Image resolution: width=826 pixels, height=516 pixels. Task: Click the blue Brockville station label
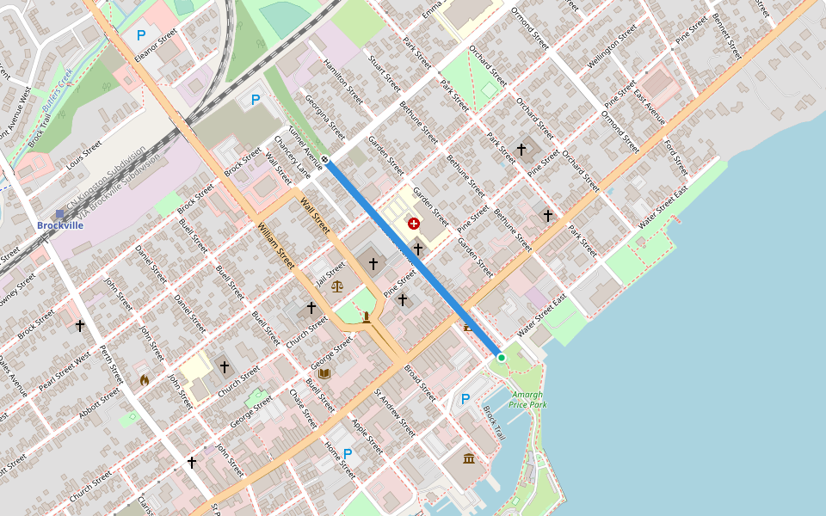tap(60, 224)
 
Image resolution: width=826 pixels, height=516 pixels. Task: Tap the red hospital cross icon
tap(414, 224)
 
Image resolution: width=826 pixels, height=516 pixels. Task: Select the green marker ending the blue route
tap(502, 357)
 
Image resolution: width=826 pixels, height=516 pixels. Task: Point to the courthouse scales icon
tap(336, 286)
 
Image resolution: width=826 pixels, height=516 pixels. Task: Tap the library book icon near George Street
tap(324, 373)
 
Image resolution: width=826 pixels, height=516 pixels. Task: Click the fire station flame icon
tap(145, 379)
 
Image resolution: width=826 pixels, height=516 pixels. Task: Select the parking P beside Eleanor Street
tap(141, 35)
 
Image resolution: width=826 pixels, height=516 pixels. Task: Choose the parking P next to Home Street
tap(348, 453)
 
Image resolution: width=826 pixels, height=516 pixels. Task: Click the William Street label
tap(276, 245)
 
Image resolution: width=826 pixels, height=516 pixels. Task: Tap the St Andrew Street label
tap(398, 412)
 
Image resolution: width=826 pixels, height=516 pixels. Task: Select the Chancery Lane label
tap(291, 156)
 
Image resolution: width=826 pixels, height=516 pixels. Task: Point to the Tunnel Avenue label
tap(305, 146)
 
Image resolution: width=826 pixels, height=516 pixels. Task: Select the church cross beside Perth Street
tap(80, 326)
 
